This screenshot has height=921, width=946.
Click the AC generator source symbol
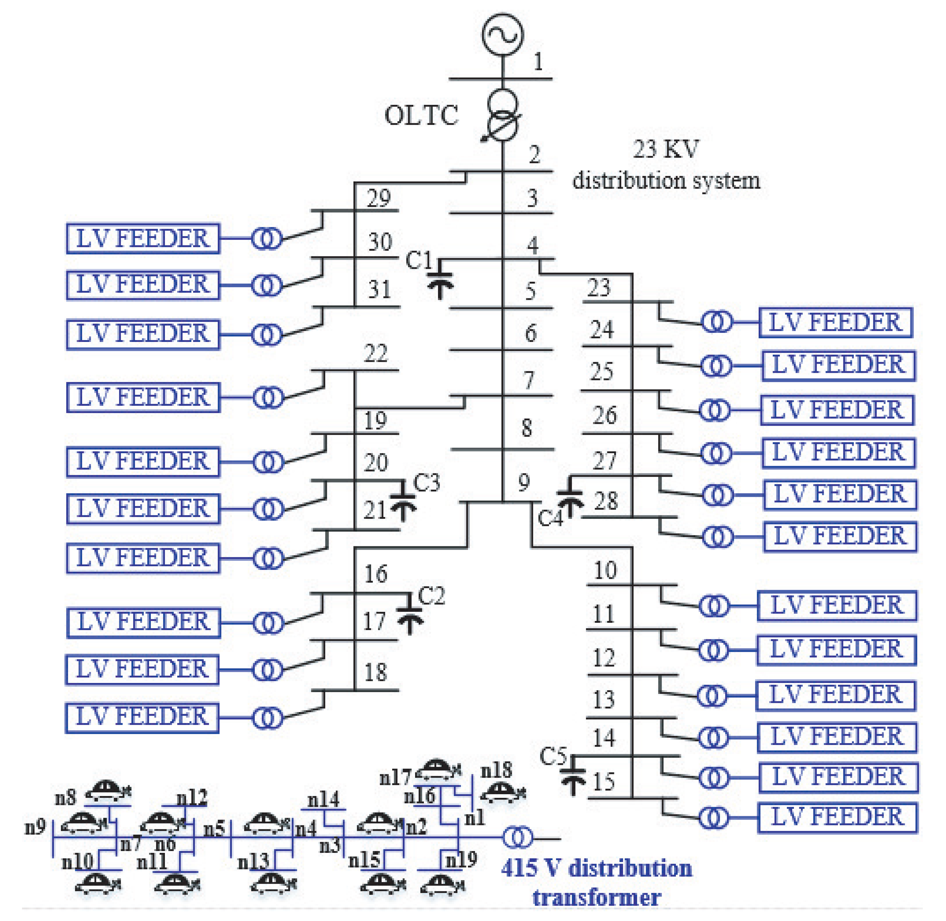pyautogui.click(x=502, y=34)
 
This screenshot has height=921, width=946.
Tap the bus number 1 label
pyautogui.click(x=538, y=62)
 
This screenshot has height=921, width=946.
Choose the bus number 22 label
pyautogui.click(x=376, y=354)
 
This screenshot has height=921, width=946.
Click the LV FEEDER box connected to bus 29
pyautogui.click(x=143, y=238)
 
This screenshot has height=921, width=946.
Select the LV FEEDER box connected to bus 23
pyautogui.click(x=835, y=322)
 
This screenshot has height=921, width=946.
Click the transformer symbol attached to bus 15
pyautogui.click(x=713, y=817)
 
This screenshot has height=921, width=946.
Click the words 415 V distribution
pyautogui.click(x=596, y=868)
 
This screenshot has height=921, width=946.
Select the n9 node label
pyautogui.click(x=35, y=826)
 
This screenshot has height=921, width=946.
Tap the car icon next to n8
pyautogui.click(x=108, y=791)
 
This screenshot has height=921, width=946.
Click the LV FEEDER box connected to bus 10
pyautogui.click(x=836, y=605)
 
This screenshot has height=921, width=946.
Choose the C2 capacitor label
pyautogui.click(x=431, y=596)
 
